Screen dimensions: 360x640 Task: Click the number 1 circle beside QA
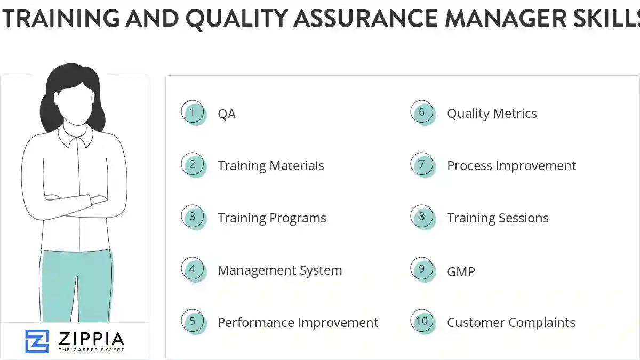coord(193,113)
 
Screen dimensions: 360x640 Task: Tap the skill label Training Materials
coord(270,166)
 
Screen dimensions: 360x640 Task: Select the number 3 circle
coord(193,217)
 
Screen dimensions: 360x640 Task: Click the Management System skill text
coord(279,270)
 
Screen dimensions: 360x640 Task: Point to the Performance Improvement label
coord(298,323)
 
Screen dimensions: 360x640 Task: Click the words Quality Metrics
coord(492,114)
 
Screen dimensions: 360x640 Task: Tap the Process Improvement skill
coord(511,166)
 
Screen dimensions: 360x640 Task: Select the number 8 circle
coord(422,217)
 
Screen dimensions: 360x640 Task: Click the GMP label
coord(461,271)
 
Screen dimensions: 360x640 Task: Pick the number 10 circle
coord(422,321)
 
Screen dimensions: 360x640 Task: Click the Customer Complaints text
coord(511,323)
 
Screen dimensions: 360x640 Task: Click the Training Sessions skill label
coord(498,218)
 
